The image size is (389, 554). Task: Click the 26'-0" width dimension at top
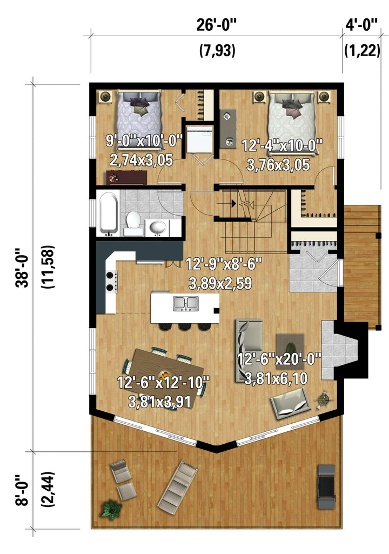216,25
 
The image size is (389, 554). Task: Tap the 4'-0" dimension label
361,25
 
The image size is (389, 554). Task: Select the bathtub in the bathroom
108,213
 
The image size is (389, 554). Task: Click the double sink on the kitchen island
185,304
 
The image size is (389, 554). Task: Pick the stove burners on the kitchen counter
111,282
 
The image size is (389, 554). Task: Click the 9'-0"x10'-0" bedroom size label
144,141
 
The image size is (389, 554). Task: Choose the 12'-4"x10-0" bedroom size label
282,145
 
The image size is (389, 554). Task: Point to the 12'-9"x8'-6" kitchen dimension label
224,264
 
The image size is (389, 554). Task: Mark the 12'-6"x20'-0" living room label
279,359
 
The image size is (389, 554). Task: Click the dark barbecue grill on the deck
326,486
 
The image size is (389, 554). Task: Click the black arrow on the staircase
233,203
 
